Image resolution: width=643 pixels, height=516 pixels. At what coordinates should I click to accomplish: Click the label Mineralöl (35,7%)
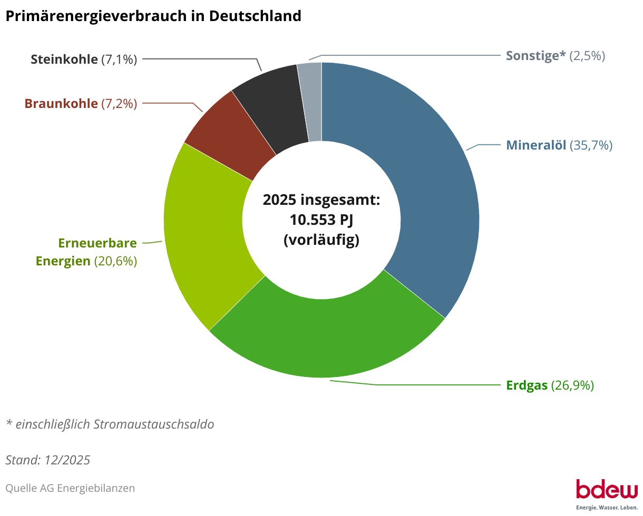[x=559, y=145]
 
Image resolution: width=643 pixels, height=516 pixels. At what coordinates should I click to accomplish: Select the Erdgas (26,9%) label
[x=550, y=385]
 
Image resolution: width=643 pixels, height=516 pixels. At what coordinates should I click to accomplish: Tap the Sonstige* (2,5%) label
[x=555, y=56]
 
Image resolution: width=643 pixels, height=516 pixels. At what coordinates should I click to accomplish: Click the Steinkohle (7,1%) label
[x=84, y=59]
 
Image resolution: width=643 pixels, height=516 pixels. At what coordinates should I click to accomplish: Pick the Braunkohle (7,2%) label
[x=81, y=104]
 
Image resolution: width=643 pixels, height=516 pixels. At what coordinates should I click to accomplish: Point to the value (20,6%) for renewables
[x=115, y=261]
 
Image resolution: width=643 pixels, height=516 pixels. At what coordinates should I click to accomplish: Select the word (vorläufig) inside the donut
[x=321, y=240]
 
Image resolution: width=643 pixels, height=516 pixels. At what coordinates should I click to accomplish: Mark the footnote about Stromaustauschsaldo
[x=110, y=424]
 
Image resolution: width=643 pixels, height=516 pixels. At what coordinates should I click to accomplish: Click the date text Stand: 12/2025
[x=48, y=460]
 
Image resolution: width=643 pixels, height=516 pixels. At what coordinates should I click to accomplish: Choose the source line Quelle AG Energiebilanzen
[x=70, y=488]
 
